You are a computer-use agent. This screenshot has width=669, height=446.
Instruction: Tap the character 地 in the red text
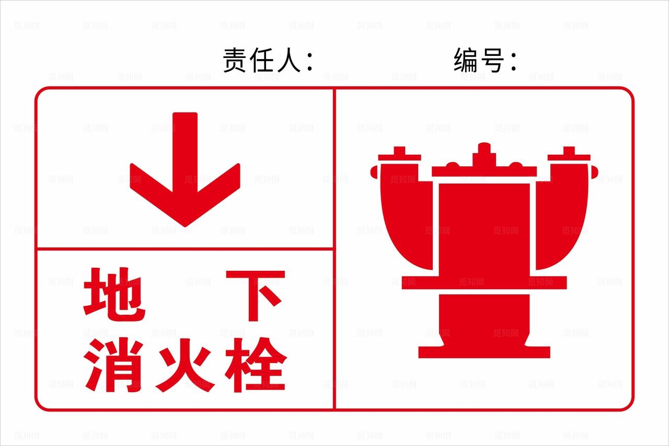pos(114,294)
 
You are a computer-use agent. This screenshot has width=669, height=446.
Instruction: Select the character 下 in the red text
pos(255,295)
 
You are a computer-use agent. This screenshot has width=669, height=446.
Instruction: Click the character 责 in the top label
pos(236,60)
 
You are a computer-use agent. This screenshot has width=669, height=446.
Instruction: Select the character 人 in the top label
pos(288,60)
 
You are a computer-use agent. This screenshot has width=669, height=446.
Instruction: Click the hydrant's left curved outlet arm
pos(405,214)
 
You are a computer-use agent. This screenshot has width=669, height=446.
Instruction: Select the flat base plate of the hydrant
pos(484,352)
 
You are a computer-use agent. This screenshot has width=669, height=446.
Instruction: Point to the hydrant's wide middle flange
pos(484,283)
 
